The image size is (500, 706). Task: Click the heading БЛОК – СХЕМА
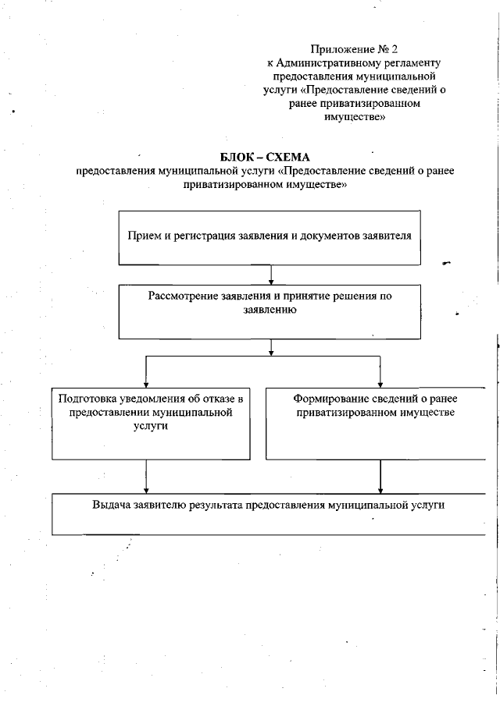(266, 157)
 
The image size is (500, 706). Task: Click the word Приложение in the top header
(338, 50)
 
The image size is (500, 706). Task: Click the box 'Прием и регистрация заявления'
(269, 237)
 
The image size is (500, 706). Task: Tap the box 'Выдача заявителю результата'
(269, 513)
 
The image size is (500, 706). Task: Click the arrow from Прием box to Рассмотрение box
(270, 275)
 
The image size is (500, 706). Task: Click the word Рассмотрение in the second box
(181, 296)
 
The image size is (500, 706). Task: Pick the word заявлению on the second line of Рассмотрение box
(270, 309)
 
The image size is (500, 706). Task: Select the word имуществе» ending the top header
(354, 117)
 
